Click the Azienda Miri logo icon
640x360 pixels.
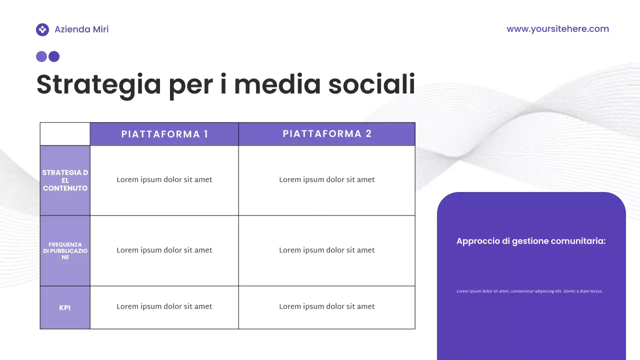point(42,29)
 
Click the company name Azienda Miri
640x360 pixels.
point(81,29)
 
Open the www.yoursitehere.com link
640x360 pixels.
point(557,29)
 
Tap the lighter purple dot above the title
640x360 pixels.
point(41,56)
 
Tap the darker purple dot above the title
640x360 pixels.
point(54,56)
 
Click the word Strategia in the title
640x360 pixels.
point(98,84)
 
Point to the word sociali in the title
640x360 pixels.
point(371,84)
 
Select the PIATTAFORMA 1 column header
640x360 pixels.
point(164,134)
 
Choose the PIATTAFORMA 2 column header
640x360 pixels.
point(327,134)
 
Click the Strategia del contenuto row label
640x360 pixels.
point(65,180)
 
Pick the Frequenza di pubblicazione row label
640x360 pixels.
point(65,250)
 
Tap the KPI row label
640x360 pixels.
point(65,307)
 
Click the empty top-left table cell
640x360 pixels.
point(65,134)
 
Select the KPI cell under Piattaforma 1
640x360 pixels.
point(164,306)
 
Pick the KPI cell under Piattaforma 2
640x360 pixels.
point(327,306)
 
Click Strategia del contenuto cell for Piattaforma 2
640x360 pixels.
point(327,180)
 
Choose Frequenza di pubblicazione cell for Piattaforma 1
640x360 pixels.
point(164,250)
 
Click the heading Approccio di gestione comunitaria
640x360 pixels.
point(531,241)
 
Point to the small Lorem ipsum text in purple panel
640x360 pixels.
point(529,291)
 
